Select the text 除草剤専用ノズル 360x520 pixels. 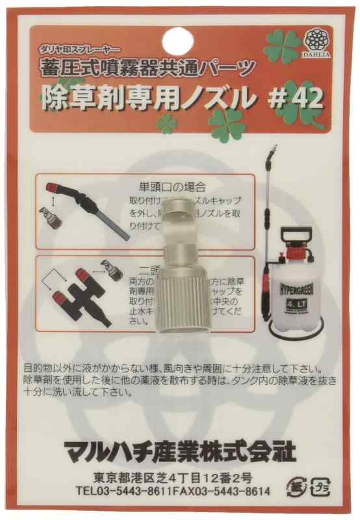click(146, 99)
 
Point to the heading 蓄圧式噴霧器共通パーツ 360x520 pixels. click(150, 67)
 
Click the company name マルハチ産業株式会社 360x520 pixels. click(180, 448)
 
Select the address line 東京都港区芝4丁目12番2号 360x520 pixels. click(177, 478)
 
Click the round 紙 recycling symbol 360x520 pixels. click(294, 487)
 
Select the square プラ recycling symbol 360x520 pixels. click(319, 487)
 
